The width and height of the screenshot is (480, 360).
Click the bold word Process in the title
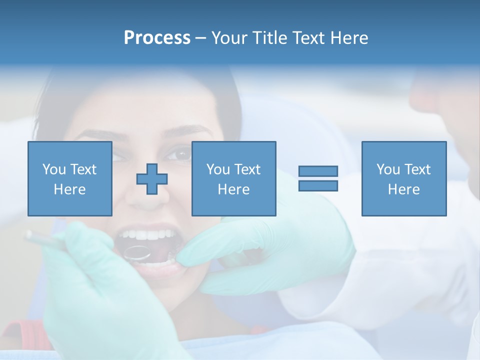coord(157,38)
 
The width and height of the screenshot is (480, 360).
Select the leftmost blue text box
coord(69,178)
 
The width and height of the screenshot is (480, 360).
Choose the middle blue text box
coord(233,178)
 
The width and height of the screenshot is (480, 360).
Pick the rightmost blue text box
coord(403,178)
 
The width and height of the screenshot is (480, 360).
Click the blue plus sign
coord(152,178)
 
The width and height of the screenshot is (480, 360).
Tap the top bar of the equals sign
coord(318,171)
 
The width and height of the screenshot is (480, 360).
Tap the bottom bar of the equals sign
coord(318,185)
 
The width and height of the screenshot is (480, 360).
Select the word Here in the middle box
coord(233,189)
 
